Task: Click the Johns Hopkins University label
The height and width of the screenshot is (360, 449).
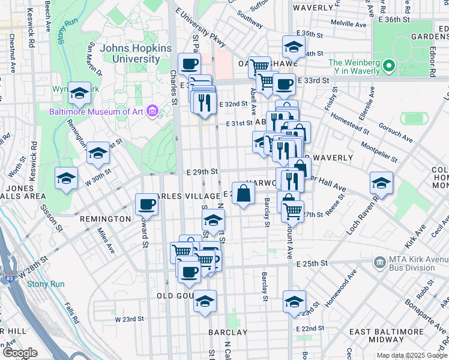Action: click(x=136, y=54)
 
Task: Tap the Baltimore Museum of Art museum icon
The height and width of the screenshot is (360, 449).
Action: click(x=152, y=111)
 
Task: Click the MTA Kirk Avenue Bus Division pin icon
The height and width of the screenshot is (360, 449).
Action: click(x=379, y=262)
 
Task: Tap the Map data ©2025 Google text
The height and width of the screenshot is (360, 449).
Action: click(x=411, y=355)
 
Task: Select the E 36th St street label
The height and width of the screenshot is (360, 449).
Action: click(x=394, y=20)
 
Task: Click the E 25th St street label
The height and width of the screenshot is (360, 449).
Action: click(x=312, y=263)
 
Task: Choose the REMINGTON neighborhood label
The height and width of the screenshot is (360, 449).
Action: click(x=104, y=219)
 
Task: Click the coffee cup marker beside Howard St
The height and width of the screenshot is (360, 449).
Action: click(x=146, y=205)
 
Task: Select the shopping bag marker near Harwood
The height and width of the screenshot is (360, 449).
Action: click(x=243, y=194)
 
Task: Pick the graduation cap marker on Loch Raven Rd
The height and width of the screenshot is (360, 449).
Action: click(x=381, y=182)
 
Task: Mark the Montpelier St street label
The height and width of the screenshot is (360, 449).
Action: click(x=379, y=151)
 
